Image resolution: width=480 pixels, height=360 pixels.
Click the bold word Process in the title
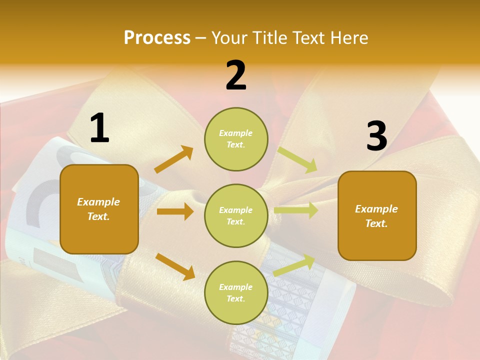pos(157,38)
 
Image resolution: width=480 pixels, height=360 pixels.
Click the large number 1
pos(99,128)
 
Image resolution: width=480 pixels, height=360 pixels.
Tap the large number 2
pos(236,76)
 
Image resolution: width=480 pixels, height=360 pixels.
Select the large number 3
pos(376,136)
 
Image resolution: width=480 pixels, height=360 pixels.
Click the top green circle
pos(236,139)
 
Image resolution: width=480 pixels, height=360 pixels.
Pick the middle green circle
pos(236,216)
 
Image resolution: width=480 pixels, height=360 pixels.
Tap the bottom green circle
pos(236,293)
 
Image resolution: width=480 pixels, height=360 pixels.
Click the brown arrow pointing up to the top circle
pos(174,159)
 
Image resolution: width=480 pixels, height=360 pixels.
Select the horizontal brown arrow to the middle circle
pos(175,211)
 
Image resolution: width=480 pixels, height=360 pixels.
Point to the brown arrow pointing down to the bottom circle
pos(175,266)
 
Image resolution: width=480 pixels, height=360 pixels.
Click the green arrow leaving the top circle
pos(297,159)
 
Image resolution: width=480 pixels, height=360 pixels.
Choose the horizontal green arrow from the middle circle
pos(296,210)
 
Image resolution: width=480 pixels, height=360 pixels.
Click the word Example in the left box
pos(98,202)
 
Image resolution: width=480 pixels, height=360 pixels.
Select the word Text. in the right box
pos(376,223)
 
